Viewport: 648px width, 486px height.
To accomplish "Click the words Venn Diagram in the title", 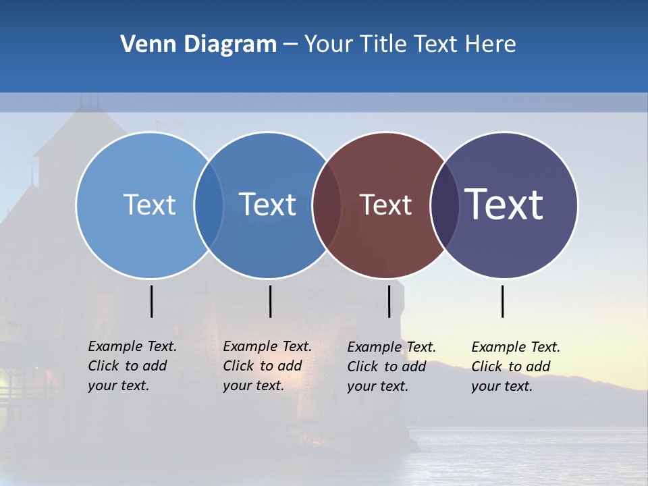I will (x=198, y=45).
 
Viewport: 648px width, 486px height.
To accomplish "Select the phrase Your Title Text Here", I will (x=410, y=45).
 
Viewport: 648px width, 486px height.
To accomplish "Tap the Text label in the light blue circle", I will (x=149, y=205).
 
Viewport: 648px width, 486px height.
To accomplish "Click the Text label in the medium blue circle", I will (x=267, y=205).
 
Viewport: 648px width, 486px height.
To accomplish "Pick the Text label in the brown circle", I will (x=385, y=205).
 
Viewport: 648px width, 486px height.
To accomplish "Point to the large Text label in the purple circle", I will (x=504, y=205).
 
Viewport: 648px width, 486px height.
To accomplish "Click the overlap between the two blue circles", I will (x=209, y=205).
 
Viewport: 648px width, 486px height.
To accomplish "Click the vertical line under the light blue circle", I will (x=151, y=301).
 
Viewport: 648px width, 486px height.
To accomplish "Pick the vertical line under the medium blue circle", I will (x=270, y=301).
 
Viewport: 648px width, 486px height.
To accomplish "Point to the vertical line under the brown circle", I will (x=389, y=301).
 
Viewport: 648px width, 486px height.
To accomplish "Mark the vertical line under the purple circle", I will (x=502, y=301).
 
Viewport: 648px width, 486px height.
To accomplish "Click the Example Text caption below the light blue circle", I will (x=132, y=366).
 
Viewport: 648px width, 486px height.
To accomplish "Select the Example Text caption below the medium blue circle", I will (x=267, y=366).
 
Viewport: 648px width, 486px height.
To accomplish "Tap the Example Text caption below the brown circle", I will (x=391, y=367).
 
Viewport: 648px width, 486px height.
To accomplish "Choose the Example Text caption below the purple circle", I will (x=515, y=367).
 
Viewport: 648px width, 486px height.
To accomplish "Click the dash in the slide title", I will (x=290, y=45).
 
